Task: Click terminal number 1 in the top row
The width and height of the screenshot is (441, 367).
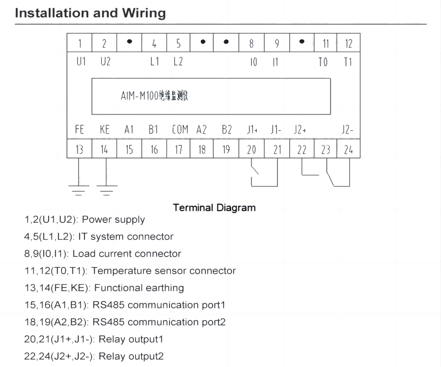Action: pos(79,44)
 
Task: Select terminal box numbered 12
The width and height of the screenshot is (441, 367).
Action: pos(348,44)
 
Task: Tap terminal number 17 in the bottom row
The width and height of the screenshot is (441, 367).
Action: pos(179,150)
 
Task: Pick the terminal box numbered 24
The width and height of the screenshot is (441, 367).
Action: pos(348,150)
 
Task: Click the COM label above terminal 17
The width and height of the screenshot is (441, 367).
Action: pos(180,130)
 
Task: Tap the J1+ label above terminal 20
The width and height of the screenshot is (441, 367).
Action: pos(252,130)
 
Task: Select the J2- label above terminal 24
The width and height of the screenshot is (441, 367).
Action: pos(347,130)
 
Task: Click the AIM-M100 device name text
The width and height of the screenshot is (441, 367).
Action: pos(155,96)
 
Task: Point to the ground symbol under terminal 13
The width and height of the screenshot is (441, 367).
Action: pos(79,189)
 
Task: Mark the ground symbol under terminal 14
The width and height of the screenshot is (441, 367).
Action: pos(107,189)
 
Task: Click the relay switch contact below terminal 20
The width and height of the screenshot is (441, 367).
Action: pos(255,170)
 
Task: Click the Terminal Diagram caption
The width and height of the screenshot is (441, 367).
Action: pos(214,208)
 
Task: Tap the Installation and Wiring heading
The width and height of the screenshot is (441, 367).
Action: pos(90,13)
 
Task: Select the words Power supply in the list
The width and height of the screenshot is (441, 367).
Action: pos(113,220)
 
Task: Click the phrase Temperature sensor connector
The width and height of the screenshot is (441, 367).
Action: pos(164,271)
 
